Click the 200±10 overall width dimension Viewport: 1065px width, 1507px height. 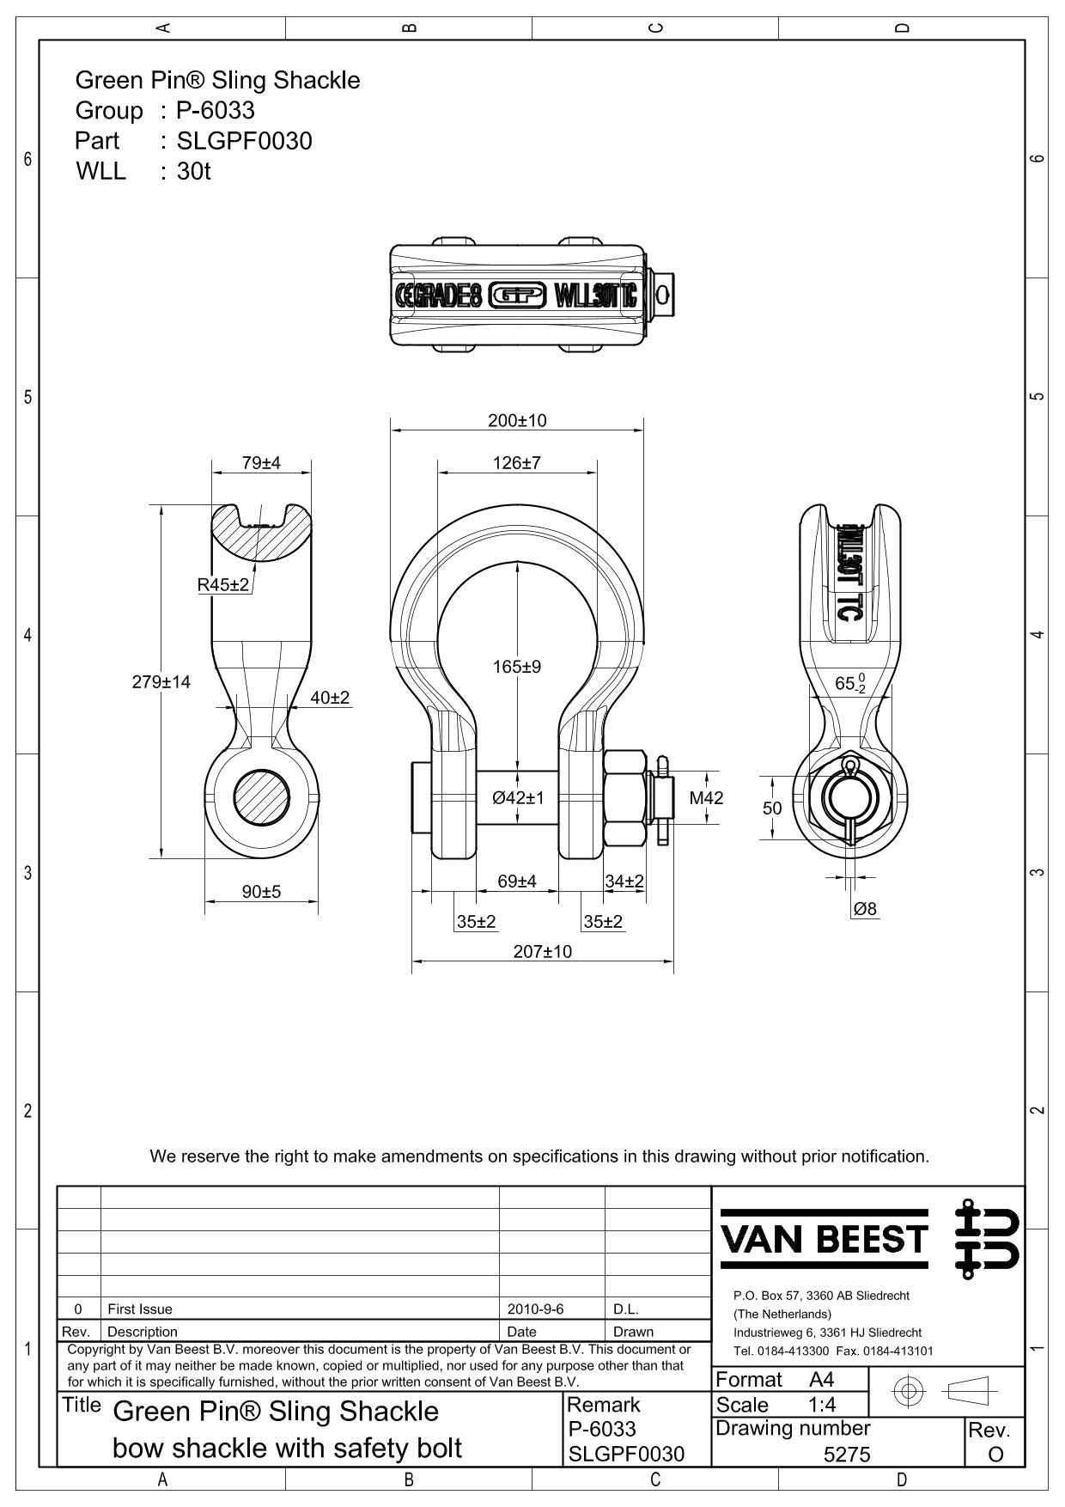[x=517, y=421]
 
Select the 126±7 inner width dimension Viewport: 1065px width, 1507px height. [x=517, y=463]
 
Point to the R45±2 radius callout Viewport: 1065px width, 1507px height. [x=223, y=585]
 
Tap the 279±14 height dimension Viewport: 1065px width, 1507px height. [x=161, y=682]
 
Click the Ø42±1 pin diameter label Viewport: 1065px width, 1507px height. [x=519, y=798]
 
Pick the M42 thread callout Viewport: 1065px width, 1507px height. [x=706, y=798]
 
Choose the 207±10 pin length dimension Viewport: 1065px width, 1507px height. [x=543, y=952]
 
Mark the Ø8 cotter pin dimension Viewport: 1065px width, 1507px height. [x=865, y=909]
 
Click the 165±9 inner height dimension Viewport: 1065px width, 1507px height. [x=517, y=667]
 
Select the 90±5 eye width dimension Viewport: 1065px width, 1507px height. [x=261, y=893]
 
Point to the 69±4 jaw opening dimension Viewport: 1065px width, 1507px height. [x=517, y=882]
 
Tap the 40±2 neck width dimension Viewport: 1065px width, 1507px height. [x=330, y=699]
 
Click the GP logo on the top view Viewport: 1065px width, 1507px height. [x=517, y=296]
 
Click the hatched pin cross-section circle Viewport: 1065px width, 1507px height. [x=261, y=798]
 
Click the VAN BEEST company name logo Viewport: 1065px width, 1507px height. [x=825, y=1239]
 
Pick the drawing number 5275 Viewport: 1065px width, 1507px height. [x=847, y=1454]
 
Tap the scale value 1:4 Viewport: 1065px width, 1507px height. [x=822, y=1405]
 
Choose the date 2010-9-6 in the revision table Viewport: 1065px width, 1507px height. [x=535, y=1309]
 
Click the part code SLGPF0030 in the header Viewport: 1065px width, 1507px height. [x=244, y=141]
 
